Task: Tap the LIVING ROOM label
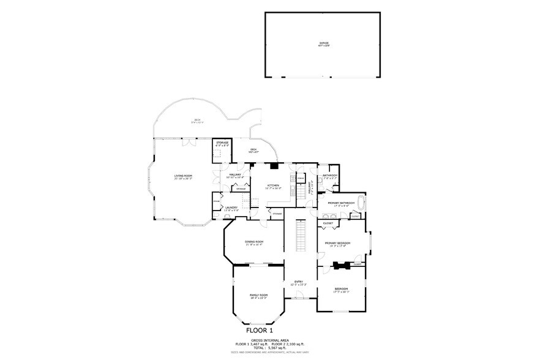[183, 177]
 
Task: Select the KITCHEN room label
[273, 186]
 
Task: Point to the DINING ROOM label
[254, 242]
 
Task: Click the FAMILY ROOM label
[258, 296]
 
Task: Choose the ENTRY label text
[299, 282]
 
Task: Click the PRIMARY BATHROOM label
[342, 203]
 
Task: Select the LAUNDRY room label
[231, 208]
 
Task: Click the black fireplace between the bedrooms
[340, 266]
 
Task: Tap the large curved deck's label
[198, 120]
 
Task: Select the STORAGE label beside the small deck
[222, 144]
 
